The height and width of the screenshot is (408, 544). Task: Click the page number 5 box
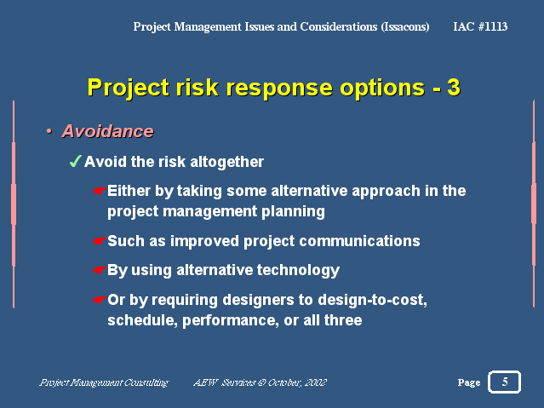(x=504, y=382)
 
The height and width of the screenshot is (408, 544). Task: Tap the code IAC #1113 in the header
(x=480, y=26)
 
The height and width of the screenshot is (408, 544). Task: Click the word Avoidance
(x=107, y=131)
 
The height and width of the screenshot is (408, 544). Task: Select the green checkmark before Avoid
(x=75, y=161)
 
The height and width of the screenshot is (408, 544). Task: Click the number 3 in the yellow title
(x=454, y=87)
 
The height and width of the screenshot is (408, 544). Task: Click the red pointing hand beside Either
(x=99, y=191)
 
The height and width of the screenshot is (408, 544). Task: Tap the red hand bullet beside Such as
(x=99, y=241)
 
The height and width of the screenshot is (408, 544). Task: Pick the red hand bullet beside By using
(x=99, y=270)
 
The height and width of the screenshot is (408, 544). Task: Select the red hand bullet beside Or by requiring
(x=99, y=299)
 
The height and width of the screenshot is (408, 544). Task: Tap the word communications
(x=359, y=241)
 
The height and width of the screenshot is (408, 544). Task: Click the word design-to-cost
(x=372, y=300)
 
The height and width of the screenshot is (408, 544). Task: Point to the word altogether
(x=227, y=162)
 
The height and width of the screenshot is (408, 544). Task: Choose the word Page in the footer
(x=469, y=382)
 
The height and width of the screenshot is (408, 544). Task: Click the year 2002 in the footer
(x=316, y=382)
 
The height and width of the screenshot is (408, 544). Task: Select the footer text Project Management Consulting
(x=104, y=382)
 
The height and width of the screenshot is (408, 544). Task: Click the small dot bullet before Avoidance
(x=49, y=131)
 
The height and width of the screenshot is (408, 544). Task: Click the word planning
(x=293, y=212)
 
